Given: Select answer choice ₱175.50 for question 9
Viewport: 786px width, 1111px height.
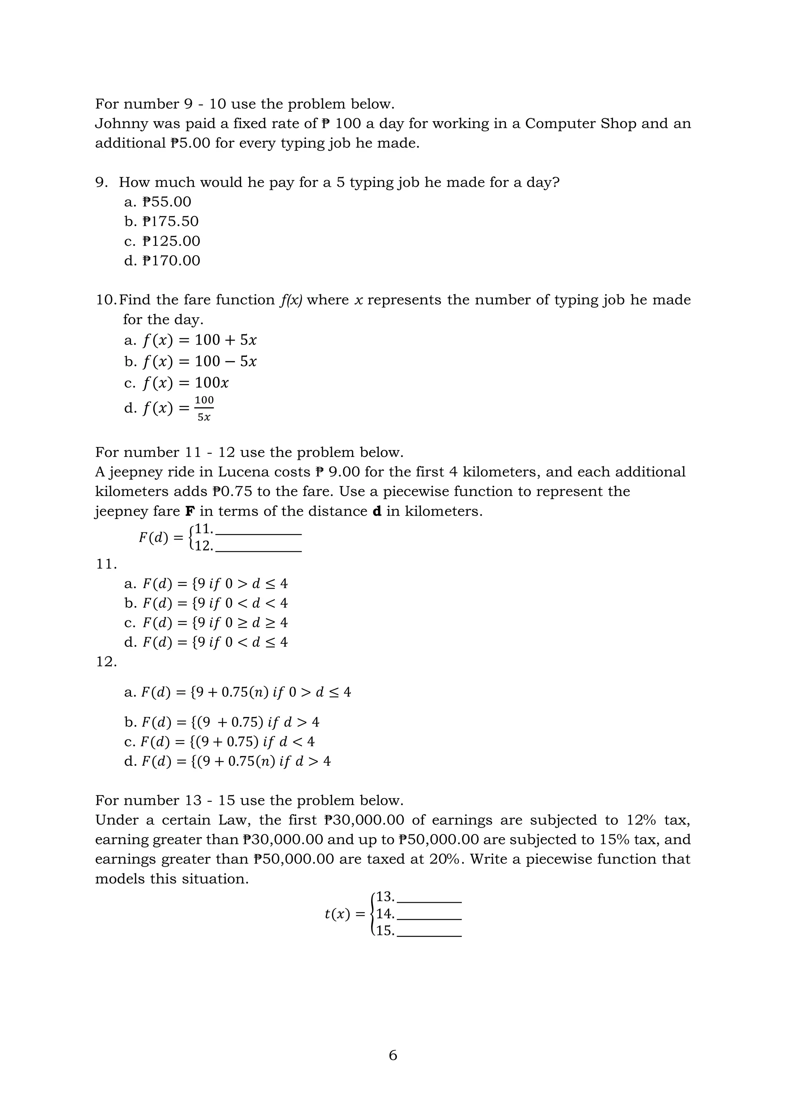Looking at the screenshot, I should click(170, 222).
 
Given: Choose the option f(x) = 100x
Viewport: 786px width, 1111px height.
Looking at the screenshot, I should click(185, 383).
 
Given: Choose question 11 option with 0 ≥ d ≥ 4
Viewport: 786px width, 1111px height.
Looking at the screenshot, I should click(215, 623).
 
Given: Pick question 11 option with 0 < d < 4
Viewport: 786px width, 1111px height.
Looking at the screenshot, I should click(215, 603).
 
